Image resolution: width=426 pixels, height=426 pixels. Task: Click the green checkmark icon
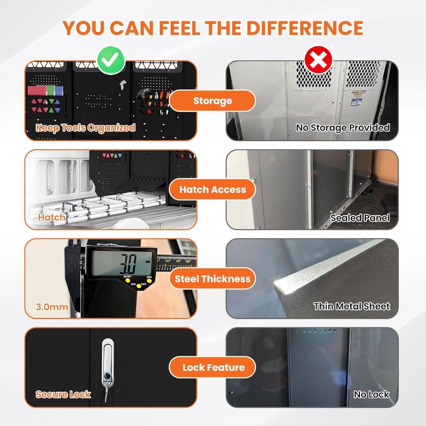click(x=111, y=60)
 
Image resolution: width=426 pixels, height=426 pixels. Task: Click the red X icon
click(x=318, y=60)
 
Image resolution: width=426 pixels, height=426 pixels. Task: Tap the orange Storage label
click(x=212, y=101)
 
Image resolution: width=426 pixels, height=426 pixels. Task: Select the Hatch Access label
click(x=212, y=190)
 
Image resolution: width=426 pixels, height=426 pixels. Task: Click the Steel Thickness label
click(x=212, y=278)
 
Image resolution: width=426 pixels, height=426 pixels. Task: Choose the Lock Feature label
click(x=212, y=367)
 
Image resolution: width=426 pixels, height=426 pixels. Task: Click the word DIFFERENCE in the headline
click(x=305, y=28)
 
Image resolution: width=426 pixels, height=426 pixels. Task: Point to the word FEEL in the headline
click(x=180, y=28)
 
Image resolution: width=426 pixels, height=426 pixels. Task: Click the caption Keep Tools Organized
click(x=85, y=128)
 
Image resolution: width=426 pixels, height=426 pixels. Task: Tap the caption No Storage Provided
click(x=343, y=127)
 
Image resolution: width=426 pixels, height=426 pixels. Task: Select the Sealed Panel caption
click(x=360, y=218)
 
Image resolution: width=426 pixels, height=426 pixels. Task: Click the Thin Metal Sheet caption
click(x=352, y=307)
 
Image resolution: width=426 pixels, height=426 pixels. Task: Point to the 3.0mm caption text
click(x=52, y=307)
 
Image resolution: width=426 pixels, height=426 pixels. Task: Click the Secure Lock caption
click(x=63, y=395)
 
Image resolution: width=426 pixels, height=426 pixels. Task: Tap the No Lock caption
click(x=372, y=395)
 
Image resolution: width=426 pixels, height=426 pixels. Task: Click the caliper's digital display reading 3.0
click(x=122, y=263)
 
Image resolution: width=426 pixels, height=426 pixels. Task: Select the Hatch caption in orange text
click(x=52, y=217)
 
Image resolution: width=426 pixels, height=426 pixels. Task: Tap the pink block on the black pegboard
click(x=37, y=91)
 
